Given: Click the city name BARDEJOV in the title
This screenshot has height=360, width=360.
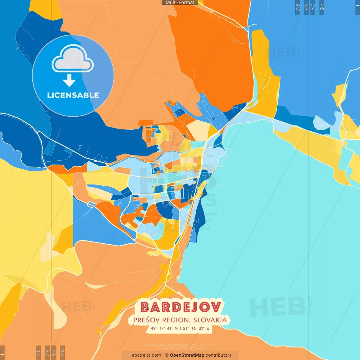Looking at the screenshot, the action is coord(181,307).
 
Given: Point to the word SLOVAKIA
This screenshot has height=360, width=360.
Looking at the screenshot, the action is coord(210,320).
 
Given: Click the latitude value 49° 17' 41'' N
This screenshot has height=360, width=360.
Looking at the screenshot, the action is coord(164,328).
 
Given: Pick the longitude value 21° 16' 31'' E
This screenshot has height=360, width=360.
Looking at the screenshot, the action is coord(196,328).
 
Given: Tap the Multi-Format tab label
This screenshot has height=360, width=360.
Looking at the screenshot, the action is coord(180,3).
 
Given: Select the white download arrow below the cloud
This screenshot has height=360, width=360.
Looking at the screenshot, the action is coord(69,81).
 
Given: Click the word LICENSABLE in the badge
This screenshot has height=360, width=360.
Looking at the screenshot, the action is coord(73,95).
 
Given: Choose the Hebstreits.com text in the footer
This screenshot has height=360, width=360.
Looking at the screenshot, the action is coord(145,355).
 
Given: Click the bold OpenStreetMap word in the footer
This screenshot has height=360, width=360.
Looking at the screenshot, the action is coord(187,355).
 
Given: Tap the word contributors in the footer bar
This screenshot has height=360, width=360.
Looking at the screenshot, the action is coord(219,355).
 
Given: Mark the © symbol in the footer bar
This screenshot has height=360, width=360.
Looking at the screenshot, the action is coord(167,355).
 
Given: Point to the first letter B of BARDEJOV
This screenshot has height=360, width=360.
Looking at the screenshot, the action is coord(145,307).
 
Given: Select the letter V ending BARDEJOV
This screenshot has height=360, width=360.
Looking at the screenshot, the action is coord(216,307).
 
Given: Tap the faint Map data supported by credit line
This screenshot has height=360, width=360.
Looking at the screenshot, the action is coord(180,345).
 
